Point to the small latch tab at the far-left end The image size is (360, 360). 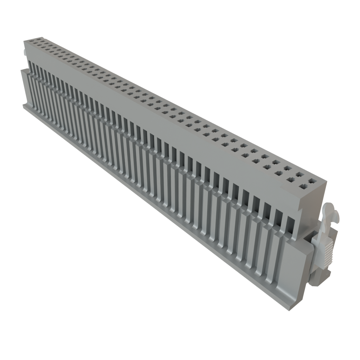[24, 52]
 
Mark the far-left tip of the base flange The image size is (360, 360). [23, 105]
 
